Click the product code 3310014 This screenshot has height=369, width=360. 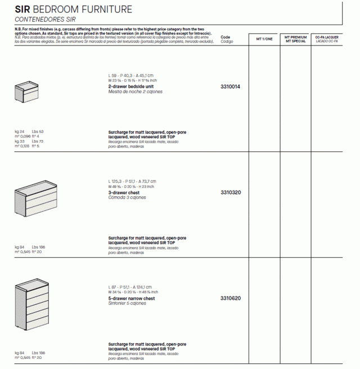tap(230, 87)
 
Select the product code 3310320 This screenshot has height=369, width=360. tap(230, 192)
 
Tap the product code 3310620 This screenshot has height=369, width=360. tap(230, 298)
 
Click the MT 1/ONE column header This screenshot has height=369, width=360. tap(264, 39)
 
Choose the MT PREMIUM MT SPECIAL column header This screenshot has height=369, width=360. tap(295, 39)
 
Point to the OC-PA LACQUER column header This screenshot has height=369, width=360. tap(327, 39)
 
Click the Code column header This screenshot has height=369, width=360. tap(226, 38)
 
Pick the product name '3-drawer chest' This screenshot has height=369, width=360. tap(124, 192)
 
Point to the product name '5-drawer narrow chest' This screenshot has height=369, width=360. tap(131, 298)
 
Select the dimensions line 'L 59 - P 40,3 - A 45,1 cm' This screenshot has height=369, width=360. tap(130, 75)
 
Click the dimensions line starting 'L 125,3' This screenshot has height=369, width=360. tap(132, 181)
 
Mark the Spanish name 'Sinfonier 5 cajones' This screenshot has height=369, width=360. tap(127, 303)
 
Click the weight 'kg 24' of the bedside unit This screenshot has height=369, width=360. tap(20, 132)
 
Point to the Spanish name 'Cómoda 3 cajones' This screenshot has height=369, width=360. tap(127, 197)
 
